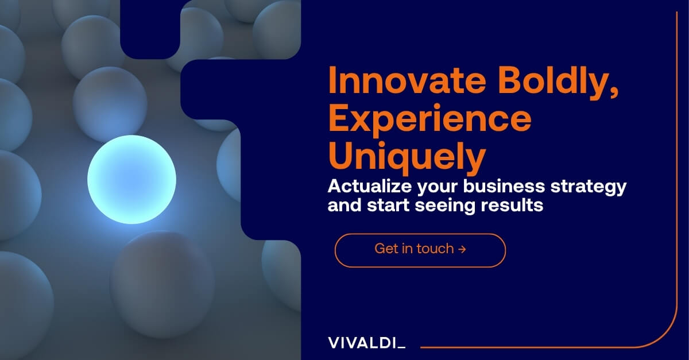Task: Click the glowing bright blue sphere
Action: pos(131,179)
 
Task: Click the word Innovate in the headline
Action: pos(407,80)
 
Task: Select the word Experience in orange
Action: pos(430,119)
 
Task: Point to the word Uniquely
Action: pos(407,157)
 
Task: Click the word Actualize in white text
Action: pos(370,186)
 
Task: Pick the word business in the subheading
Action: pos(504,186)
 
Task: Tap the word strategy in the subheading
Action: pos(589,187)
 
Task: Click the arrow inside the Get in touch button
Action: pos(462,249)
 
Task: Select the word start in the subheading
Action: pos(388,205)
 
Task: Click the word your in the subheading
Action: pos(438,187)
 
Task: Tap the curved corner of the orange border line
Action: pos(664,335)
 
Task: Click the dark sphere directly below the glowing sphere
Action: pos(162,285)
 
